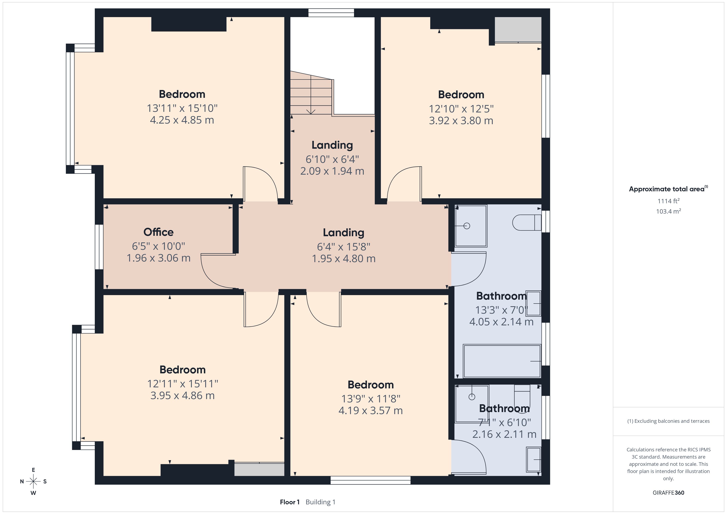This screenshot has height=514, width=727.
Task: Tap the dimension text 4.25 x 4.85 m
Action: pos(182,120)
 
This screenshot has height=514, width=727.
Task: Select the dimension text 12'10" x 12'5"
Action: pos(461,109)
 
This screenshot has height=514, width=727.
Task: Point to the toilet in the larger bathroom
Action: pos(526,222)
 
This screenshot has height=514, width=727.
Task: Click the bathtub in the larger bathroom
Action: pos(502,361)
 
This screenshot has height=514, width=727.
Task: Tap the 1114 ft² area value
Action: pos(668,201)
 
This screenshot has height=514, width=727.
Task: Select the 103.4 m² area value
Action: pos(668,211)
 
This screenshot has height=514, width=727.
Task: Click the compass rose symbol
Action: pos(33,481)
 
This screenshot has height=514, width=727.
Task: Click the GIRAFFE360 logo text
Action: pos(668,492)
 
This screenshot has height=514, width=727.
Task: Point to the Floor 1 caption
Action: pos(289,502)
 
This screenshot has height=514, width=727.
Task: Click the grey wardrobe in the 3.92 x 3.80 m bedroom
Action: pos(518,29)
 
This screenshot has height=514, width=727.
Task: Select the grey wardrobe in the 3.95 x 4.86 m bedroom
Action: pos(259,469)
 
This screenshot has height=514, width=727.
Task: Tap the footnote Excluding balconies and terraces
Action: pos(668,421)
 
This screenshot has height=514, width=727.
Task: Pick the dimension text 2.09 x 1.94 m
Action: pos(332,171)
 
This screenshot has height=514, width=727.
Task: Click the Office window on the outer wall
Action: pos(99,247)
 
